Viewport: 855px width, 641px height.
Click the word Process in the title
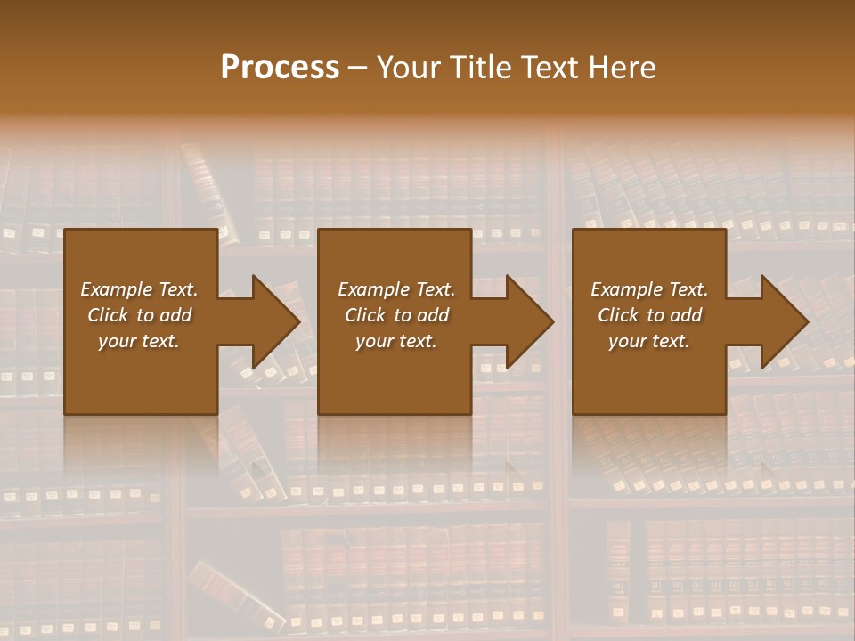(x=280, y=68)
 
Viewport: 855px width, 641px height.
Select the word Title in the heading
(x=481, y=68)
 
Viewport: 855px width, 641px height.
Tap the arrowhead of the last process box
(x=783, y=321)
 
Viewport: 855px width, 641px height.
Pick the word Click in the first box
(x=109, y=315)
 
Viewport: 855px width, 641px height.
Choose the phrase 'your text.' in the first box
(x=139, y=341)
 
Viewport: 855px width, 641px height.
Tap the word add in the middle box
(x=433, y=315)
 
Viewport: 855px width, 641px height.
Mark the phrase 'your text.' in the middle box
(x=396, y=341)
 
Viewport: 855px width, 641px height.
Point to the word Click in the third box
(x=619, y=315)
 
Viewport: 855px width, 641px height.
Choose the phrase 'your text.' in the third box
(x=649, y=341)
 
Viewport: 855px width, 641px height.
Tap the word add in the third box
(x=686, y=315)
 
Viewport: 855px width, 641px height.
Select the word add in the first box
(x=175, y=315)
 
